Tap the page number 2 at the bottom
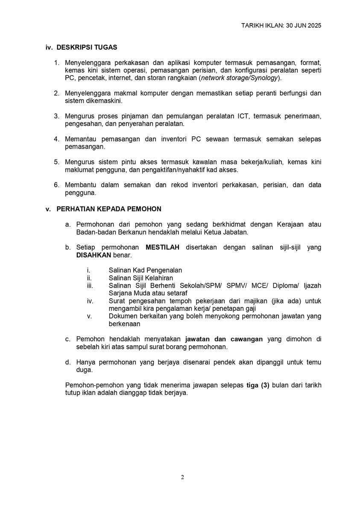tap(182, 477)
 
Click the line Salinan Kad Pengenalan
tap(145, 270)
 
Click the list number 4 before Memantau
tap(56, 139)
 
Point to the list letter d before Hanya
tap(67, 362)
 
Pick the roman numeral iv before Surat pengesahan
tap(90, 301)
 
